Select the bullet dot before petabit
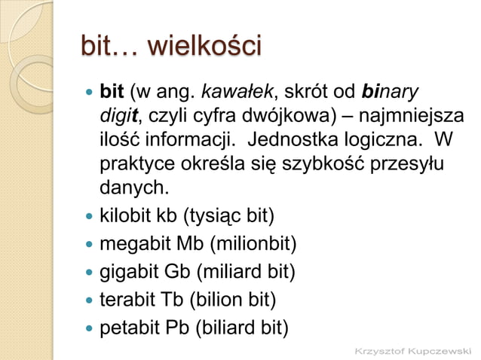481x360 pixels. pyautogui.click(x=90, y=328)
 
